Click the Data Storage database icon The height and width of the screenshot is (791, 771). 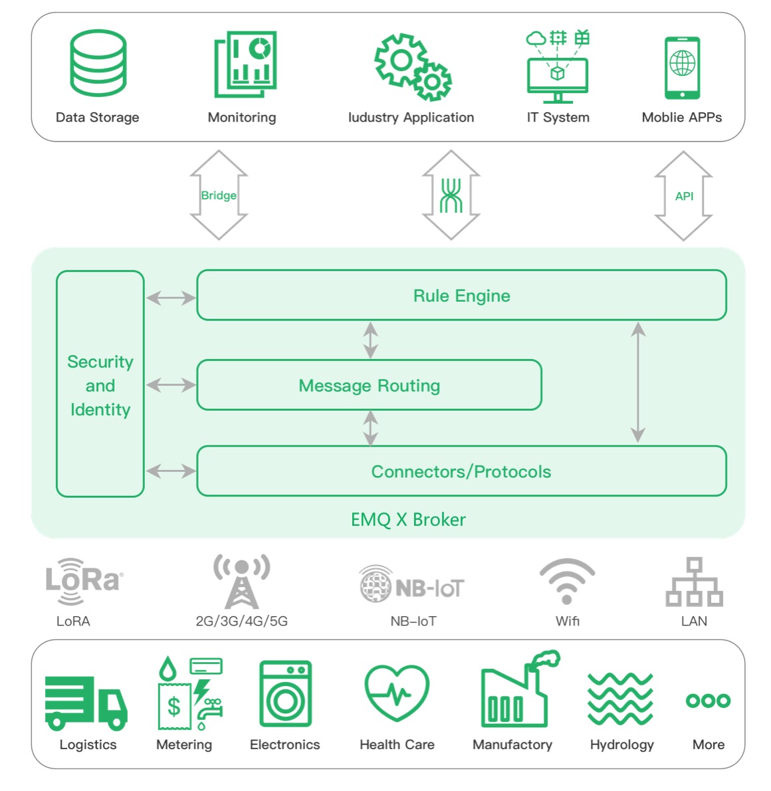[x=98, y=63]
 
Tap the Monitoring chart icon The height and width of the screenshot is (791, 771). [x=245, y=64]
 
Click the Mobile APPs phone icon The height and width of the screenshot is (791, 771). [x=682, y=67]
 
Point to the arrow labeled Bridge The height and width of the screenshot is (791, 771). [x=219, y=195]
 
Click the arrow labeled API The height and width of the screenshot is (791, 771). [x=683, y=195]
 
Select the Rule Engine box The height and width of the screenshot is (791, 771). [x=461, y=295]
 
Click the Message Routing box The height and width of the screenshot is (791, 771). [x=369, y=385]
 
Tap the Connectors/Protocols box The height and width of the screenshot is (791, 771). [x=461, y=471]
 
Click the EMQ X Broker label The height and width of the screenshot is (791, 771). [x=408, y=520]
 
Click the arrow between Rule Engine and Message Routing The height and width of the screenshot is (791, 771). [x=370, y=340]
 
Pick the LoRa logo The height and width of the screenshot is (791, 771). [x=84, y=581]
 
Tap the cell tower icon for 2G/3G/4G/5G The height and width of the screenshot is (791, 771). [x=241, y=581]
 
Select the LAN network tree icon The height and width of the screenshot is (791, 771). [x=694, y=582]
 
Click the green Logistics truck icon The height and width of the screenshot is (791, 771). [x=86, y=702]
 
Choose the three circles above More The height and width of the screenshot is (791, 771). [x=708, y=701]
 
